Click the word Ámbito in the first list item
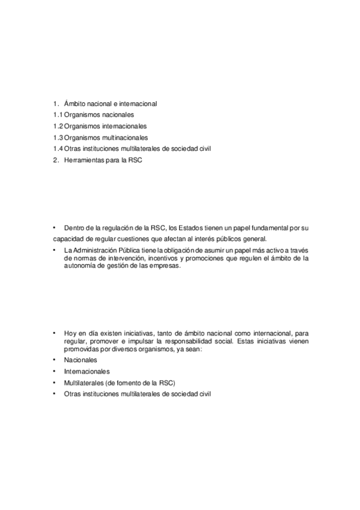tap(75, 103)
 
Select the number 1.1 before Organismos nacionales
tap(57, 115)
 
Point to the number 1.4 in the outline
tap(57, 149)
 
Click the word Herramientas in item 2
tap(84, 161)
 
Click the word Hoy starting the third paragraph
tap(70, 332)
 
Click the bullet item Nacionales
tap(81, 359)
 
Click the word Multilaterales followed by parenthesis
tap(84, 382)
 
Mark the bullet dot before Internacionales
tap(53, 370)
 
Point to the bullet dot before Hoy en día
tap(53, 331)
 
